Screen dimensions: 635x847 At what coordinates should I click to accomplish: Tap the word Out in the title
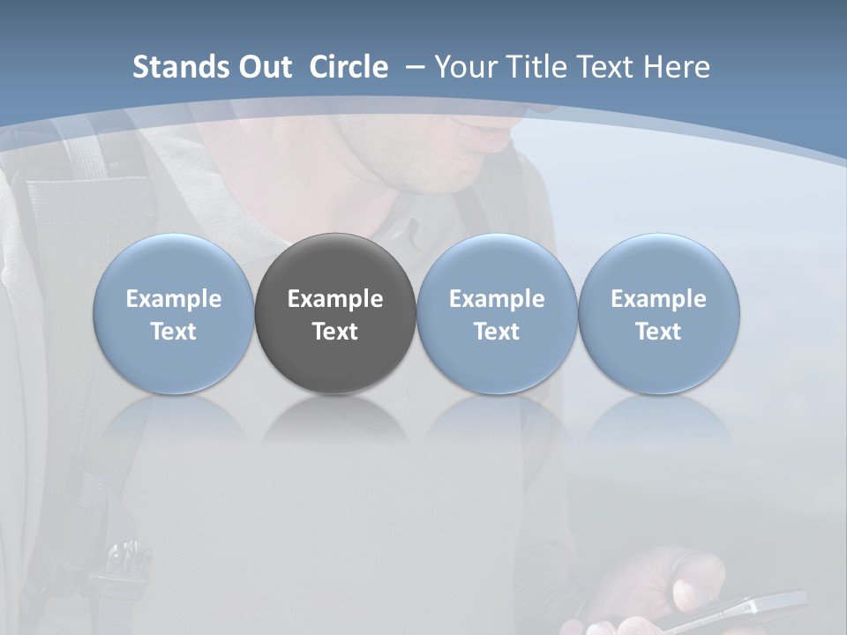(262, 67)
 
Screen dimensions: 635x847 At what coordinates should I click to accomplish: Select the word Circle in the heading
(349, 67)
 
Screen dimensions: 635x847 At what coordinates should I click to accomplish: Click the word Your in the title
(464, 67)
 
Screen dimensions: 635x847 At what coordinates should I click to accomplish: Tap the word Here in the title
(677, 67)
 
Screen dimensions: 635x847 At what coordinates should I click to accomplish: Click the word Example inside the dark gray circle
(335, 299)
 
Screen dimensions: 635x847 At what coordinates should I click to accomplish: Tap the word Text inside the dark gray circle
(335, 332)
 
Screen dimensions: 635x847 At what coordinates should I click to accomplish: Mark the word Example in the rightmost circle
(659, 299)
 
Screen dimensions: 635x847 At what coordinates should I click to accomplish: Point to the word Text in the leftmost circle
(174, 332)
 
